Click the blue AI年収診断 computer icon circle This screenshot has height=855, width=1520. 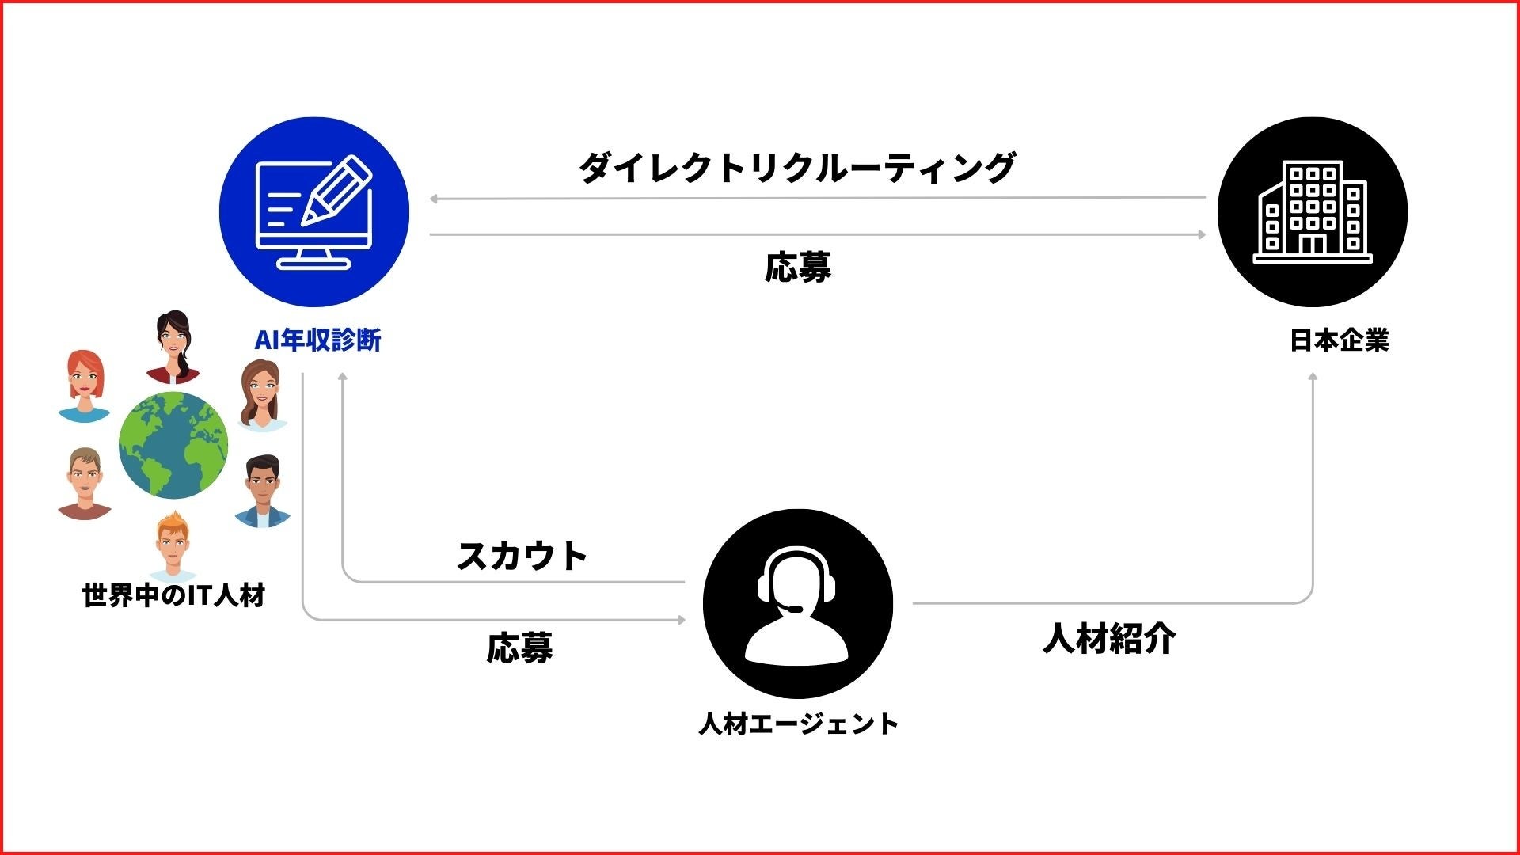coord(314,211)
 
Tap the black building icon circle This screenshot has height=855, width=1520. coord(1312,211)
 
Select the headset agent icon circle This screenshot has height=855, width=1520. coord(797,603)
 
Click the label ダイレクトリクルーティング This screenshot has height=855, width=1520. coord(797,167)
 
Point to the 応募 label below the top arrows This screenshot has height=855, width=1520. coord(797,268)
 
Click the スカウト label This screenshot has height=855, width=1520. coord(522,556)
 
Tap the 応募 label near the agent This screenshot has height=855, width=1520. coord(519,648)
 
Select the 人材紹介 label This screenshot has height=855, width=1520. coord(1109,638)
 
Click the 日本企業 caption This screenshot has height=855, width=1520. coord(1339,340)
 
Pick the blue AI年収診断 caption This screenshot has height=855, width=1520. coord(317,340)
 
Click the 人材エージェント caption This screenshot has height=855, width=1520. coord(798,724)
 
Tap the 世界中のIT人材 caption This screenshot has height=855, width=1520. coord(173,595)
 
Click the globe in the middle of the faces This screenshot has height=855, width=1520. coord(173,445)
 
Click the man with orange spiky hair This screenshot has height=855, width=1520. coord(173,546)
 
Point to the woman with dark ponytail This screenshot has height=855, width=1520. coord(174,346)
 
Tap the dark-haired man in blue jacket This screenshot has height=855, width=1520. coord(263,491)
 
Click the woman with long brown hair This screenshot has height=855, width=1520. coord(261,395)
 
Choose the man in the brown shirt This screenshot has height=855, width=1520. coord(84,483)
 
